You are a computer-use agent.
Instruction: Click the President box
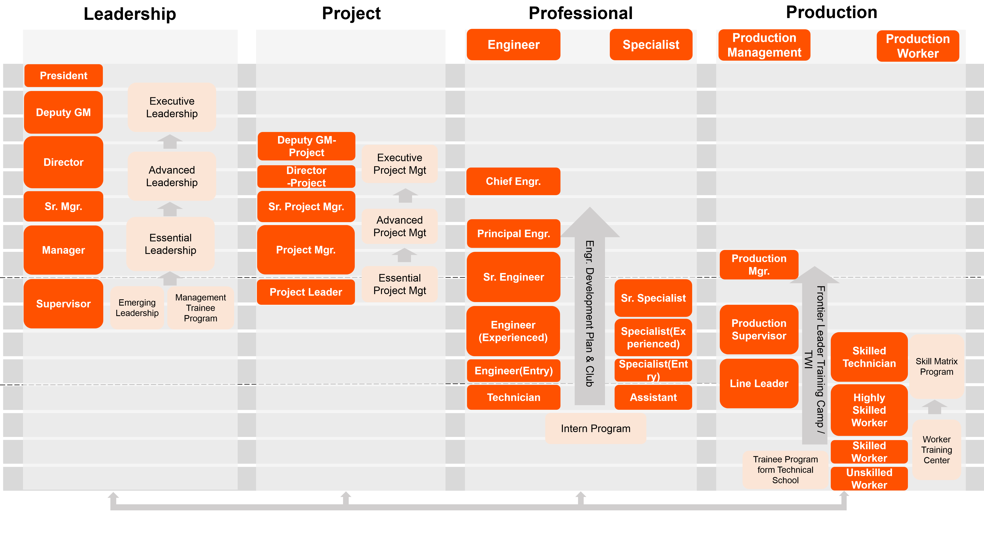63,76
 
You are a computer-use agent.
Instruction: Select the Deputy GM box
63,112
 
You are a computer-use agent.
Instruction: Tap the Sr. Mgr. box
63,206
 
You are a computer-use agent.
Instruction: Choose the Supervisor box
63,304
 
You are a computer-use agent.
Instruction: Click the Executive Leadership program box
172,107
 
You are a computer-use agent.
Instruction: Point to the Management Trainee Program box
200,308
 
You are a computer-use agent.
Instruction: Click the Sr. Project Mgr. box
306,207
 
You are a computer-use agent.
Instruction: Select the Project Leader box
306,292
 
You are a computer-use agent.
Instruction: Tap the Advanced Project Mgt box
399,226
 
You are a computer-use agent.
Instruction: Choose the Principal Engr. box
513,233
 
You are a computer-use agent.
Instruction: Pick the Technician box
513,397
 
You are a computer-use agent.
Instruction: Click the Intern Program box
596,428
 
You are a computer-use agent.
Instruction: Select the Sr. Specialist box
653,298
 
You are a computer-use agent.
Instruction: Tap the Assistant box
653,397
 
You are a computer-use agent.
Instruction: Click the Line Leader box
759,383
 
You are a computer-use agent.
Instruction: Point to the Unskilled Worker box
869,478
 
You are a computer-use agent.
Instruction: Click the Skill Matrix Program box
936,366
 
